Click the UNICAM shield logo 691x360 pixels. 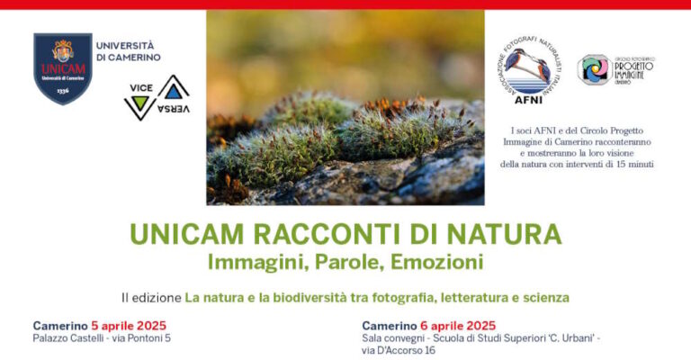click(x=62, y=68)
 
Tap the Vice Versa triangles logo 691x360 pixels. click(x=156, y=99)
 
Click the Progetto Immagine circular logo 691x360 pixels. click(x=593, y=69)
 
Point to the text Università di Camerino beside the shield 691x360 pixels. click(x=128, y=51)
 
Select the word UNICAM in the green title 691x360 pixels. click(x=180, y=234)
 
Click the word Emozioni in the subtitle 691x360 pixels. click(x=437, y=263)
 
